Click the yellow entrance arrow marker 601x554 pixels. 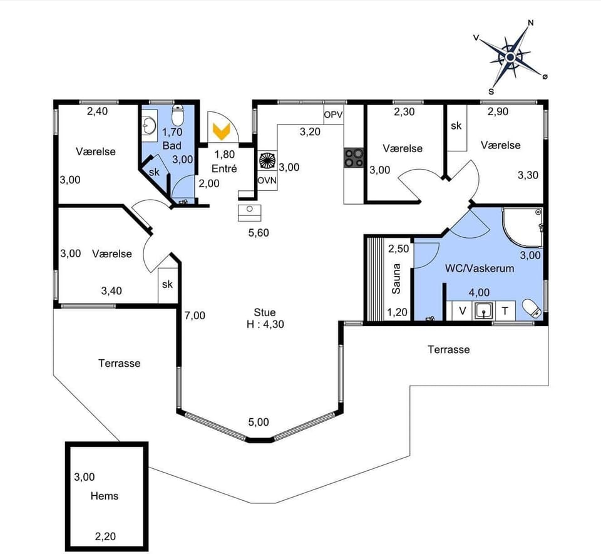[x=220, y=131]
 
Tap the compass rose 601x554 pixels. [x=510, y=58]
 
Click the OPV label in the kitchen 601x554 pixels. [x=333, y=115]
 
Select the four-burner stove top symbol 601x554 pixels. [x=353, y=157]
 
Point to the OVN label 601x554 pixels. [x=267, y=180]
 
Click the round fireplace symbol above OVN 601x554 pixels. [x=267, y=160]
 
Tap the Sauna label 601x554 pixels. [x=396, y=280]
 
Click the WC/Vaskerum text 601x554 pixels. [x=480, y=269]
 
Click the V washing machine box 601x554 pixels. [x=463, y=309]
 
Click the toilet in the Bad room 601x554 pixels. [x=178, y=116]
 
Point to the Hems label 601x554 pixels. [x=105, y=496]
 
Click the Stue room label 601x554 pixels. [x=264, y=312]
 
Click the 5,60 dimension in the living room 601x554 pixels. [x=259, y=233]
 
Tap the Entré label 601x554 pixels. [x=224, y=169]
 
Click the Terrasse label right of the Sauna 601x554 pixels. [x=448, y=349]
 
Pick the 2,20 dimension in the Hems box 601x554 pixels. [x=105, y=536]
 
